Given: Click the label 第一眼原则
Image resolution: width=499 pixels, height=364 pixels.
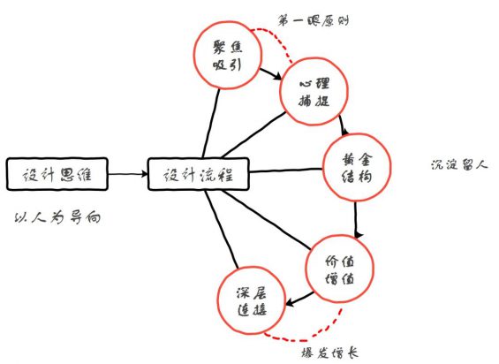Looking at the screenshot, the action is [314, 21].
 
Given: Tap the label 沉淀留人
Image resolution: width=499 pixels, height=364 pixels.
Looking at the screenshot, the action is [459, 165].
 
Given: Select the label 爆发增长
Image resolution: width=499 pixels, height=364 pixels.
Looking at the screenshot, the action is [330, 353].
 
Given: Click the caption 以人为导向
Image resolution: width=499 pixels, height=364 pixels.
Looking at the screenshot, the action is [58, 217].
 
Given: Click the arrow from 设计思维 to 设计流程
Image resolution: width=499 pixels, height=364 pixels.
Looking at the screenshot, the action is [128, 174].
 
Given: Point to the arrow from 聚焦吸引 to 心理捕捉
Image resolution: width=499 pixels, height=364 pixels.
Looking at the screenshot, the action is [271, 74].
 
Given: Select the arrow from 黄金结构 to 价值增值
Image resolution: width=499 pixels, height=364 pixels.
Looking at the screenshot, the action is [356, 219].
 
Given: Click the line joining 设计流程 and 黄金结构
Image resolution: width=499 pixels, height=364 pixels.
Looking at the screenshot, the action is [286, 171].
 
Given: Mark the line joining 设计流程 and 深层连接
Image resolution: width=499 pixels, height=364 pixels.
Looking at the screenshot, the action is [221, 229].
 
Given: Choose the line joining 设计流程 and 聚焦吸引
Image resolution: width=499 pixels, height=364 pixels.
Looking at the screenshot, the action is [211, 123].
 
